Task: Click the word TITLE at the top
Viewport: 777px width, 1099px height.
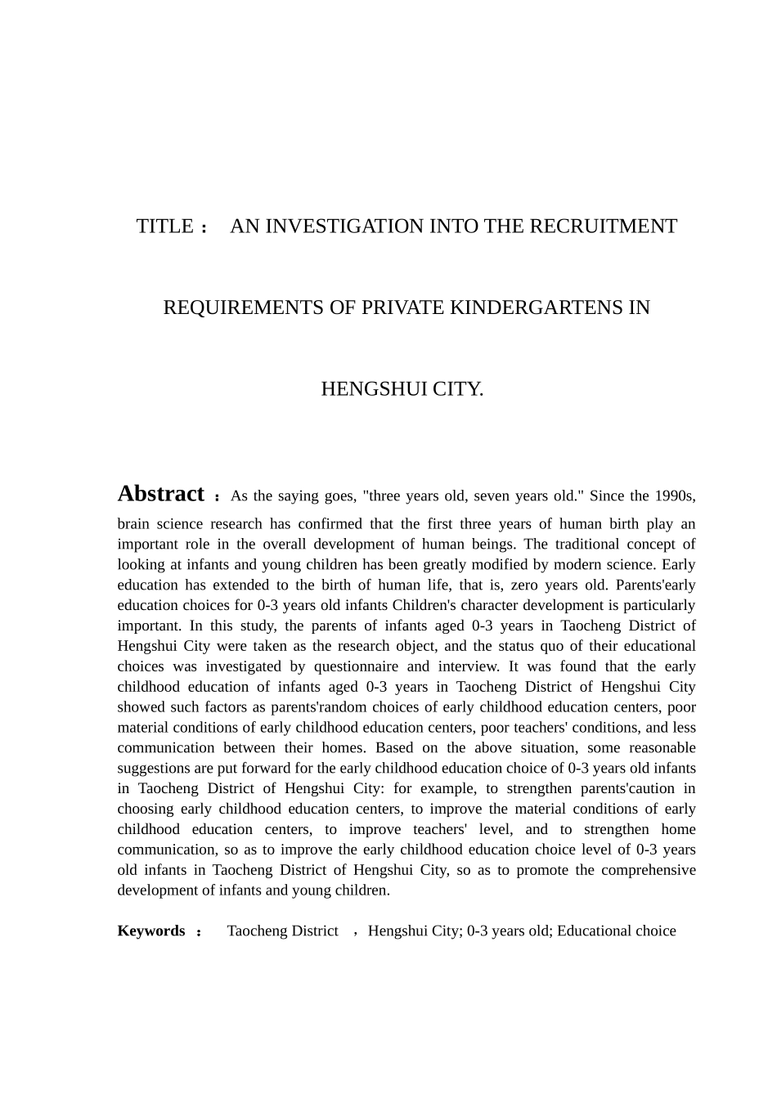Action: (165, 227)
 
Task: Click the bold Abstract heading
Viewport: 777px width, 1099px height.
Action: (161, 494)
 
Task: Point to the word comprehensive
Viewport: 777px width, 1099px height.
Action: (649, 870)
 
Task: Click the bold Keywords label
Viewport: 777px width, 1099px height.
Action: (151, 931)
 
